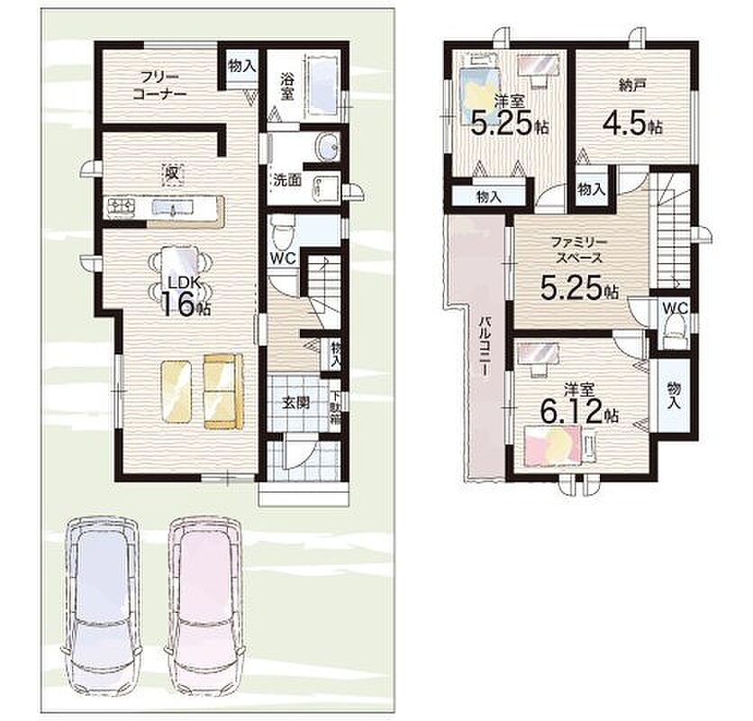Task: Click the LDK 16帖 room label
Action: point(185,298)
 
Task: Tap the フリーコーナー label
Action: point(159,85)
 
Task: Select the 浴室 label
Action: point(286,87)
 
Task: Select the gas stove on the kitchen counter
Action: point(122,207)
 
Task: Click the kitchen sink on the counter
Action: point(172,207)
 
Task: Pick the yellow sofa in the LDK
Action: point(223,391)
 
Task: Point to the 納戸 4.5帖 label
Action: point(632,110)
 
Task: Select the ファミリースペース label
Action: point(579,250)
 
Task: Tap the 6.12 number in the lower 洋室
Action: point(571,412)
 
